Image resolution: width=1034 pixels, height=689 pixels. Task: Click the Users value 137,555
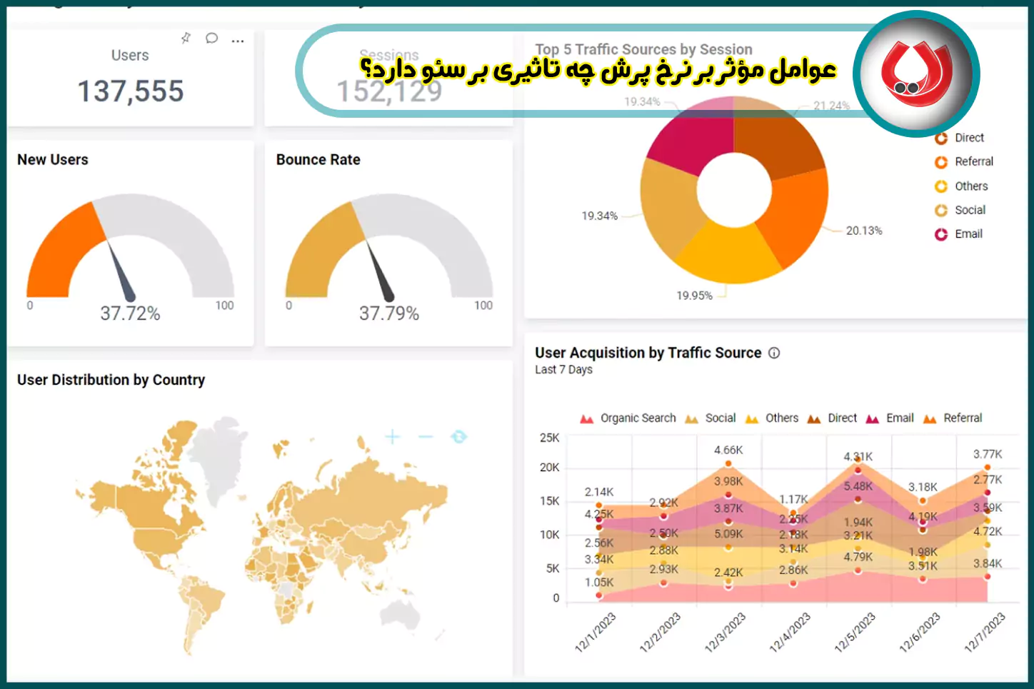[x=131, y=91]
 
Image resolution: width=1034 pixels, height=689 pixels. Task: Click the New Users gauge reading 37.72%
[x=130, y=313]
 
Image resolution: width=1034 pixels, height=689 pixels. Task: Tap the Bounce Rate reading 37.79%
[x=389, y=313]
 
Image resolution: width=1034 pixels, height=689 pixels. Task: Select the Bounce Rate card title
[x=318, y=160]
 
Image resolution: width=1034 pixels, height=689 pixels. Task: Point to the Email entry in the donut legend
[x=968, y=234]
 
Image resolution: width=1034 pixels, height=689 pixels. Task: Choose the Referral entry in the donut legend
[x=973, y=162]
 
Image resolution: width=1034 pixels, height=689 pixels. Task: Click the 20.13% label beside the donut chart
[x=864, y=231]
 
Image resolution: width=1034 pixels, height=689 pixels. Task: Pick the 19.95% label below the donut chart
[x=694, y=296]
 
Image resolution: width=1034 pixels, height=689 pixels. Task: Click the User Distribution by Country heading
[x=111, y=380]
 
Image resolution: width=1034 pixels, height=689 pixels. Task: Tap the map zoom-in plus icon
[x=392, y=437]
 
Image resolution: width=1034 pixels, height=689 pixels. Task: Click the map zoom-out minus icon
[x=426, y=437]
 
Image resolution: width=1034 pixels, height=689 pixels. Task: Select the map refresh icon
[x=459, y=437]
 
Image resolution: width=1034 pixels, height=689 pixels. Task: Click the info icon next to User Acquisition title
[x=774, y=353]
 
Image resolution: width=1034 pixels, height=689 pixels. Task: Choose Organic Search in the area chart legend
[x=638, y=418]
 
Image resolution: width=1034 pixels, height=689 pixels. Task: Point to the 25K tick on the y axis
[x=549, y=438]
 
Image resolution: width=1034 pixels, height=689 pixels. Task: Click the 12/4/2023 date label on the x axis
[x=790, y=632]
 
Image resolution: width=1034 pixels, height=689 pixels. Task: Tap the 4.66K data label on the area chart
[x=728, y=451]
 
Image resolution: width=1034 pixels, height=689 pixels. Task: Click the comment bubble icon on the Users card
[x=211, y=39]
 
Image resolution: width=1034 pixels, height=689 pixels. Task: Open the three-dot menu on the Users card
[x=238, y=41]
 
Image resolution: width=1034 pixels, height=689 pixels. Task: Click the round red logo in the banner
[x=916, y=74]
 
